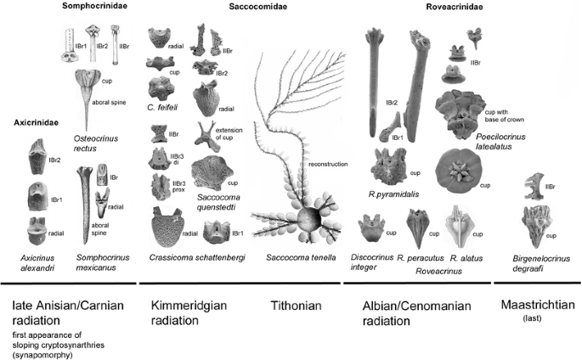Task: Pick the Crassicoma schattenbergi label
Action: tap(193, 256)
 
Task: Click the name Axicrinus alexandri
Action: tap(37, 262)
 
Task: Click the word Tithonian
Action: tap(294, 305)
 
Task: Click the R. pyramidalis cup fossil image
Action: tap(390, 165)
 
